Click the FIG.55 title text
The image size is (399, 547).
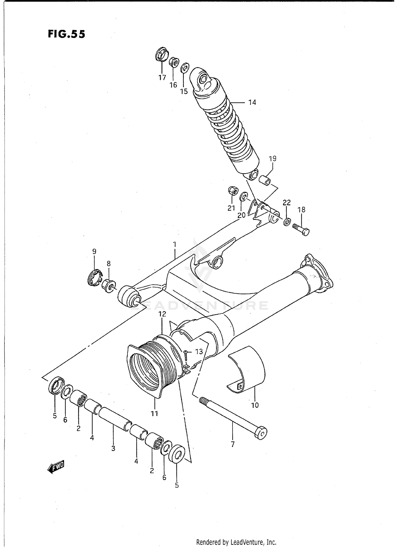click(x=66, y=34)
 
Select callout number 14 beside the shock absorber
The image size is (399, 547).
click(x=252, y=102)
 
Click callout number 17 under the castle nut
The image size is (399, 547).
click(x=162, y=78)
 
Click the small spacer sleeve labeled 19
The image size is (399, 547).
click(x=265, y=180)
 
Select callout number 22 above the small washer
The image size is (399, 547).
click(x=286, y=203)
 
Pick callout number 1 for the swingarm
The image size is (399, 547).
click(x=174, y=244)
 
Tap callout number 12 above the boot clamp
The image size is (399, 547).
click(x=162, y=314)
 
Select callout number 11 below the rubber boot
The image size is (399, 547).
click(x=154, y=414)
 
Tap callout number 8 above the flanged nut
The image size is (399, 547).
click(x=109, y=264)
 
